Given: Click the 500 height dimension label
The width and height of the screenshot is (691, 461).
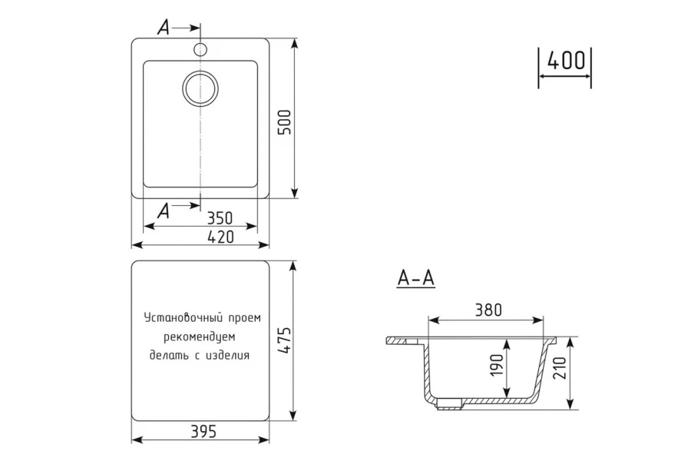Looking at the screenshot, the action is click(x=286, y=122).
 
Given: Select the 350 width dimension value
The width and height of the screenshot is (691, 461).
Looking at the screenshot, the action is click(x=220, y=218).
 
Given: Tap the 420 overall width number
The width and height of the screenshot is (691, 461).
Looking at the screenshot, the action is click(x=220, y=237).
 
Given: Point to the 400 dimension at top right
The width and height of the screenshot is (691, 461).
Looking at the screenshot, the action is click(x=567, y=61).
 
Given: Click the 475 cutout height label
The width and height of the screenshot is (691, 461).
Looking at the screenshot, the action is click(x=286, y=340).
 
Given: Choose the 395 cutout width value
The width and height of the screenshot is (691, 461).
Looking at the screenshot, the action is click(x=203, y=431).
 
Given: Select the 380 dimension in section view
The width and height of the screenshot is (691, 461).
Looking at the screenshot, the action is click(x=488, y=310).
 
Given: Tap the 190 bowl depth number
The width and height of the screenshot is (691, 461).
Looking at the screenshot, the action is click(x=497, y=365).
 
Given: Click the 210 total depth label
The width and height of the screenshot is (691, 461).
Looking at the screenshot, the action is click(x=558, y=368).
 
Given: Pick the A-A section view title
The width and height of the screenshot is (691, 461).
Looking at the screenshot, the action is click(x=416, y=278).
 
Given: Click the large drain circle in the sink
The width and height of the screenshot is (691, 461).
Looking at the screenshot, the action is click(x=200, y=88).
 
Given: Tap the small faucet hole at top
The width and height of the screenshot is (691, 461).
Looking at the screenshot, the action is click(x=200, y=49).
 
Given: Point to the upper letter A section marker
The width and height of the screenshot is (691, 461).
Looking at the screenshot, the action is click(x=164, y=28).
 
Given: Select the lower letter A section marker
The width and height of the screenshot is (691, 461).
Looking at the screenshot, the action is click(x=164, y=211).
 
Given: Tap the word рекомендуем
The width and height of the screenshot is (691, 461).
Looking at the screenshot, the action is click(x=200, y=337).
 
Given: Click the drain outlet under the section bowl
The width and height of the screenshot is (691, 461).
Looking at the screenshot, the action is click(x=449, y=403).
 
